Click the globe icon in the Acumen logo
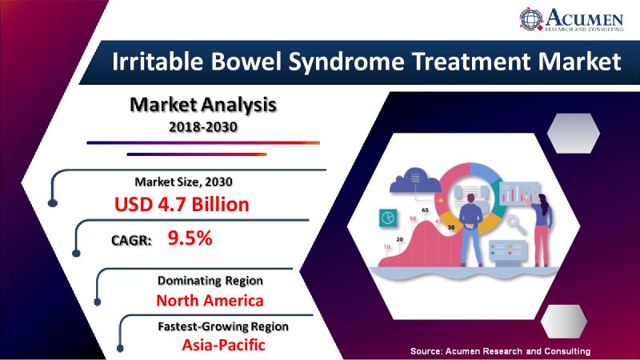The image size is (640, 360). pos(531,18)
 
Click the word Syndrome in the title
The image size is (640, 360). pos(346,62)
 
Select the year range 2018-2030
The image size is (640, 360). pos(203,127)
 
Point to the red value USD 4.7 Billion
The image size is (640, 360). pos(182,204)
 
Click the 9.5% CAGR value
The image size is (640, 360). pos(190,238)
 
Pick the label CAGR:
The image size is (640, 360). pos(131,241)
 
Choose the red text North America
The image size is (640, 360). pos(210,301)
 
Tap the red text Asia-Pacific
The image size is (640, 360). pos(223,345)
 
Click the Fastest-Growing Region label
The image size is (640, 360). pos(223,326)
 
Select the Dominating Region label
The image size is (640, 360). pos(210,281)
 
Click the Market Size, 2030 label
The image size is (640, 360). pos(184,182)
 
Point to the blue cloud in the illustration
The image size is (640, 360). pos(415,180)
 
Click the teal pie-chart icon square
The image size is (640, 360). pos(388,217)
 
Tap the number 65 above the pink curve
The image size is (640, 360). pos(426,210)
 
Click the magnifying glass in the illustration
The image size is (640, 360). pos(515,224)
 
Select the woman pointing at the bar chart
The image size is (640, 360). pos(542,230)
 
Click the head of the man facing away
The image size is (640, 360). pos(470,198)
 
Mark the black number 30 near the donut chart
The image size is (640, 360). pos(451,227)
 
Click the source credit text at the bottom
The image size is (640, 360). pos(501,351)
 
